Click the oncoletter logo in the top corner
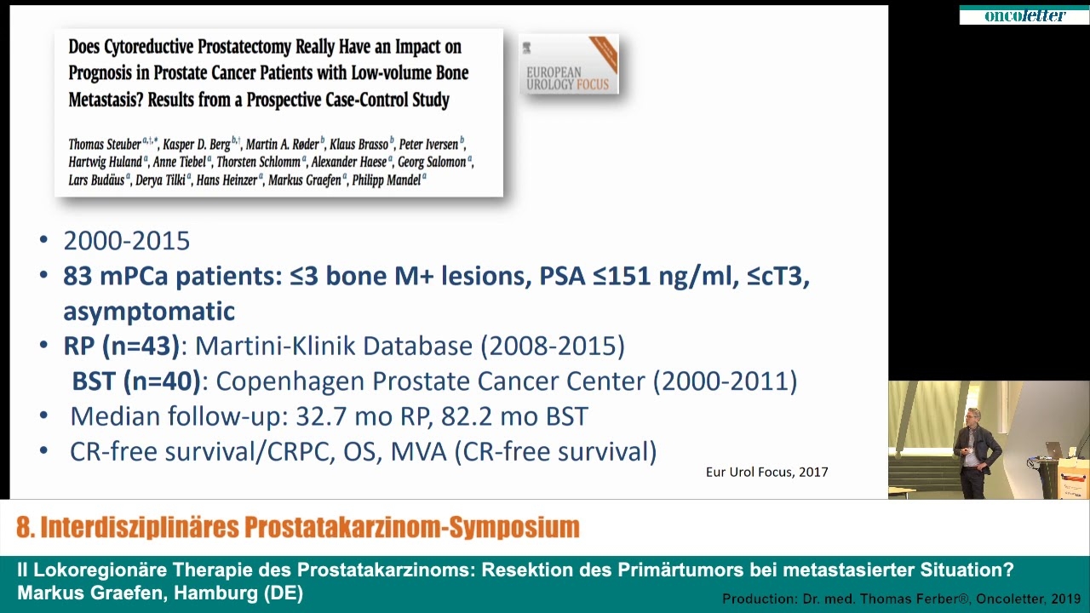[1024, 15]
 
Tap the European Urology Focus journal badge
[569, 65]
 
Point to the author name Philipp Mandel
[387, 180]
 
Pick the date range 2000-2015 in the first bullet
[126, 241]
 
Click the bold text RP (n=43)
[121, 346]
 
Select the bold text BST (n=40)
[135, 381]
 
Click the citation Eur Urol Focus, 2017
[766, 472]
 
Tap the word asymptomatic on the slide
[149, 311]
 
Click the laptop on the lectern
[1054, 450]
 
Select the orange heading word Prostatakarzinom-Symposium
[413, 527]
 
